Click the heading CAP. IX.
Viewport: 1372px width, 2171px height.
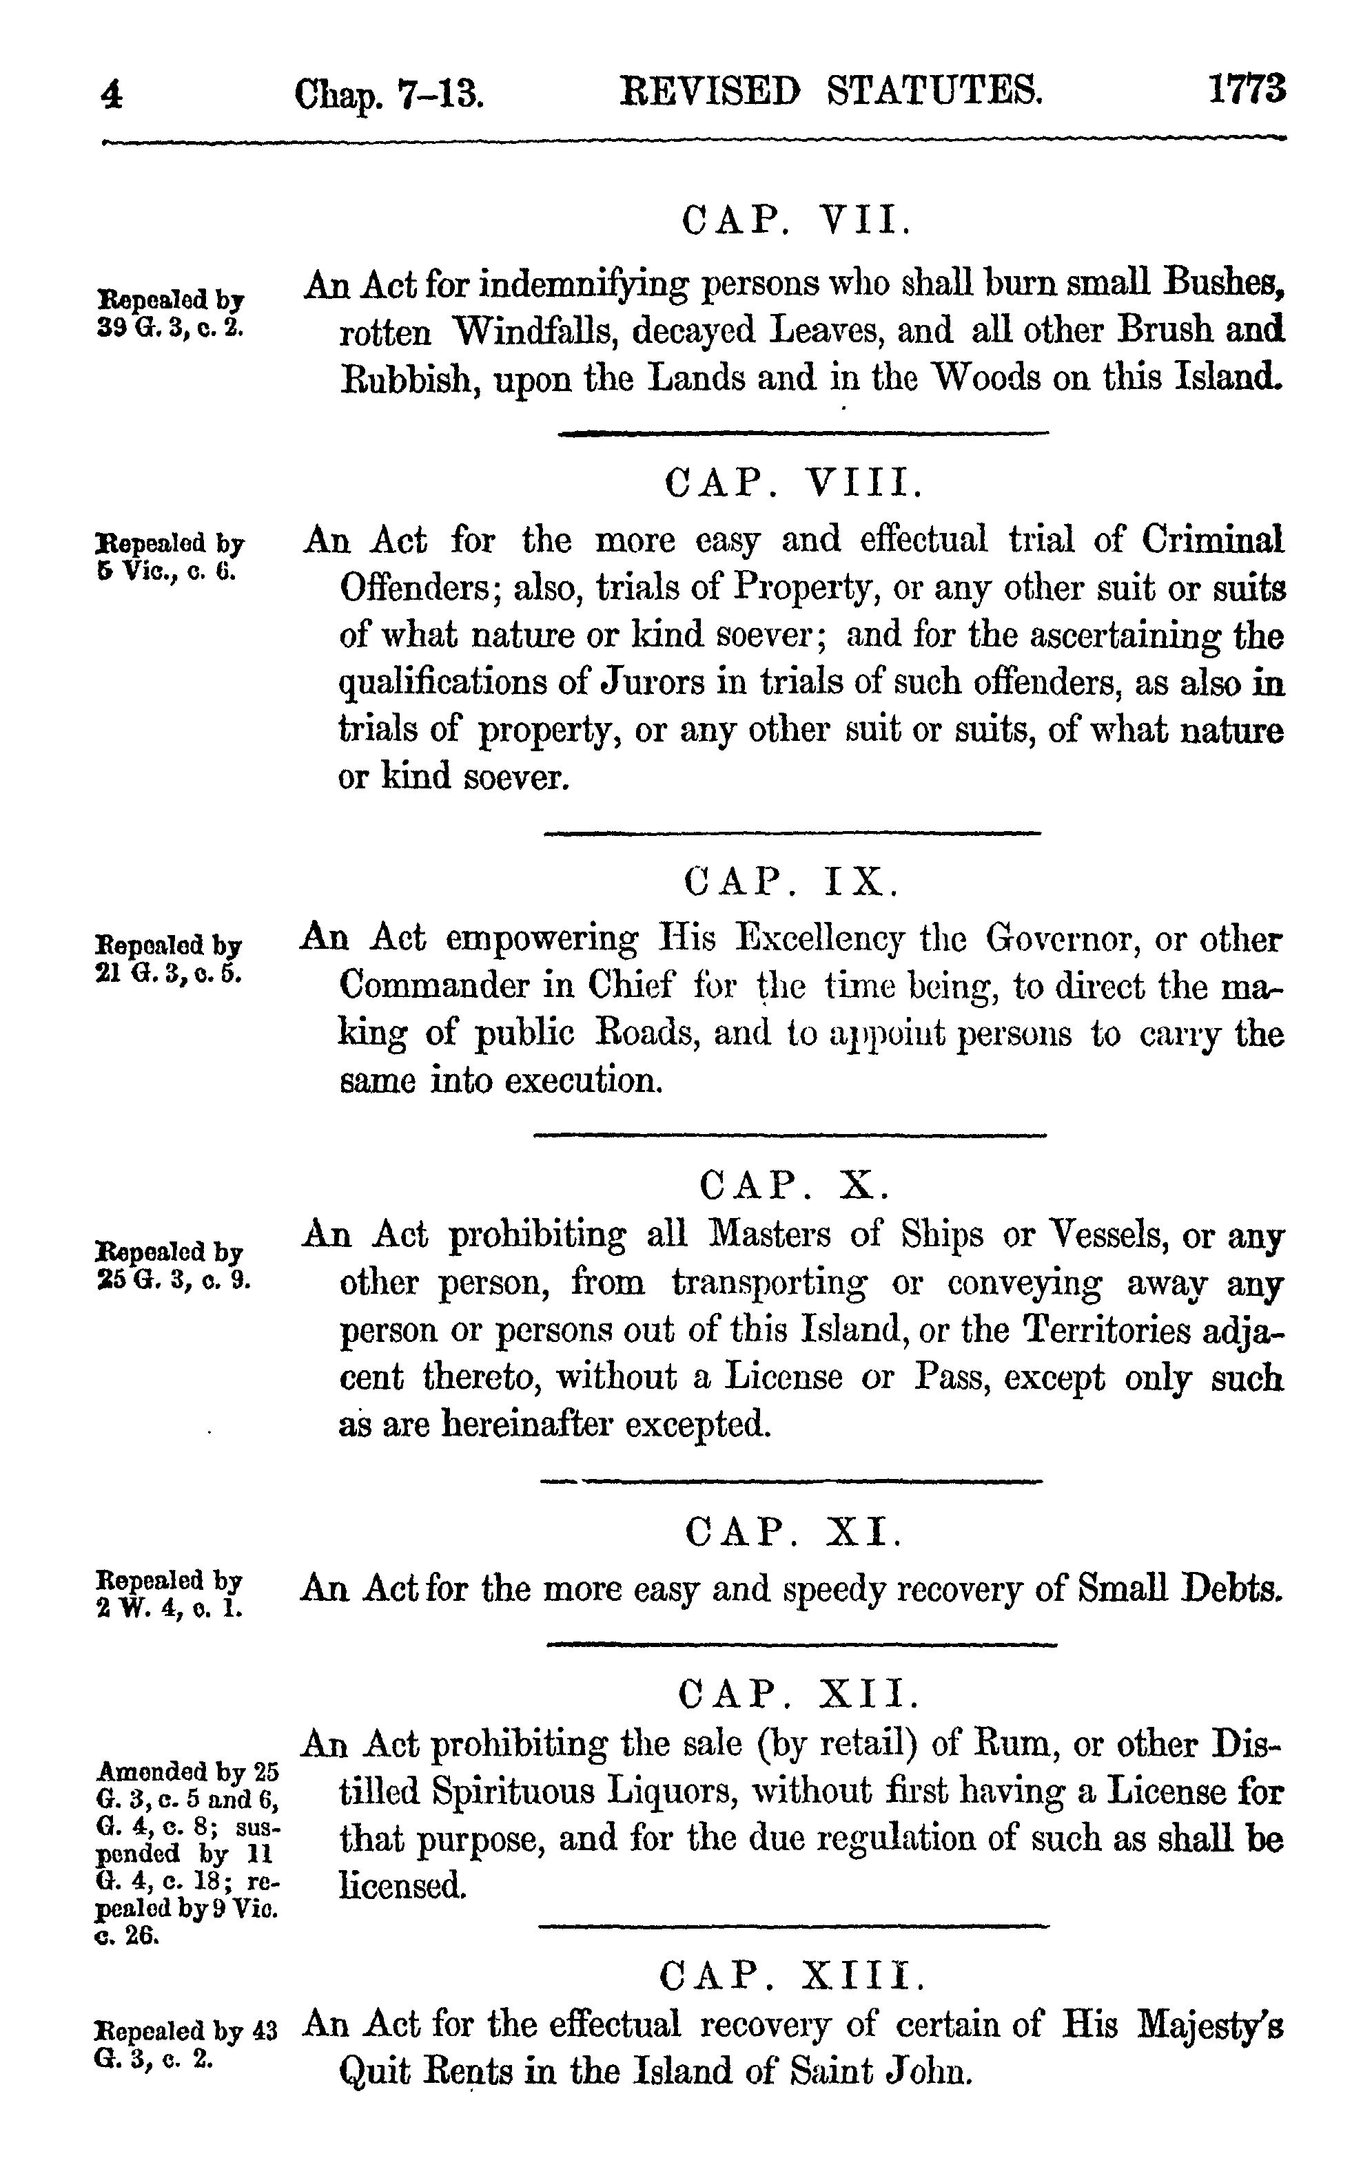tap(791, 881)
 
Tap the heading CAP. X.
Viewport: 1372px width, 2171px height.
tap(795, 1186)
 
